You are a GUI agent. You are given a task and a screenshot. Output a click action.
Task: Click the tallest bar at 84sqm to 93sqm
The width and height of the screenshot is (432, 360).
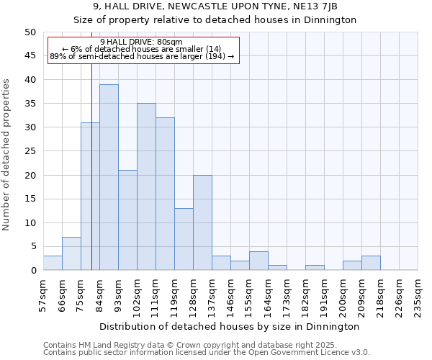coord(109,177)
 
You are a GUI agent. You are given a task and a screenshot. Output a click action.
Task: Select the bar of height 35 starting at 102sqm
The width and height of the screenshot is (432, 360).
coord(146,186)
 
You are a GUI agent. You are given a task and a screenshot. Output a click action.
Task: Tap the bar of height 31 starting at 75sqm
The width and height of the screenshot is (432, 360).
coord(90,196)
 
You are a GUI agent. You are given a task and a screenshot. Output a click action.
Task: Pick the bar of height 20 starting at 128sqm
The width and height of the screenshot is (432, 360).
coord(202,222)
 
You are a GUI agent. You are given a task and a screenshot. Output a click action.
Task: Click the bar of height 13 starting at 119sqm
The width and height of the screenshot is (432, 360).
coord(184,239)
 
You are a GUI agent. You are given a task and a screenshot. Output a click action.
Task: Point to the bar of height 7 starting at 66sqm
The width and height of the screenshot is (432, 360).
coord(71,253)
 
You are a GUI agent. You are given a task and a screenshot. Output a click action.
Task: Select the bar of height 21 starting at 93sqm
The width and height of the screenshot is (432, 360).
coord(127,220)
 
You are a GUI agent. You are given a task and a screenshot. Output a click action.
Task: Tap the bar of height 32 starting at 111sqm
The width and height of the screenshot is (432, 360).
coord(165,194)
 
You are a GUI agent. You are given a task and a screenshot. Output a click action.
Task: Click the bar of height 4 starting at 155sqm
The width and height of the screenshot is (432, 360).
coord(258,261)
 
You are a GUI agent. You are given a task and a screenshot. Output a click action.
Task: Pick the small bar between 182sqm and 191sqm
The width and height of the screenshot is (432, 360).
coord(315,268)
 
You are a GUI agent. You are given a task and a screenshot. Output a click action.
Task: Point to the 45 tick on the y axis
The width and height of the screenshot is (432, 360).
coord(30,56)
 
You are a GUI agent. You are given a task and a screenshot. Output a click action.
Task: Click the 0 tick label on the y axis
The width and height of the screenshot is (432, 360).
coord(33,271)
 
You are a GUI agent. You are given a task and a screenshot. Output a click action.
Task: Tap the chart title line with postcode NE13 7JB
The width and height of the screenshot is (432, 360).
coord(215,6)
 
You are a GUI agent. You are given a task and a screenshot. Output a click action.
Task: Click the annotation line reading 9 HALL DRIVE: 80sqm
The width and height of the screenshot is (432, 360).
coord(142,42)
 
